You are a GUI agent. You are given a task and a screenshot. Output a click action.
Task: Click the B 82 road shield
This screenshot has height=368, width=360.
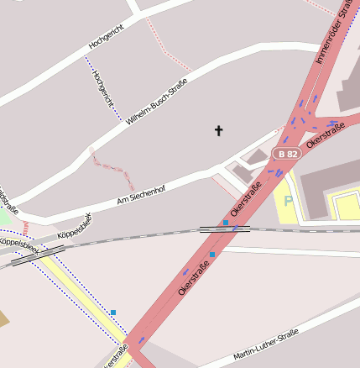click(286, 154)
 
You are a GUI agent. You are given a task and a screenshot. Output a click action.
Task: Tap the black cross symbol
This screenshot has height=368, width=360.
click(219, 130)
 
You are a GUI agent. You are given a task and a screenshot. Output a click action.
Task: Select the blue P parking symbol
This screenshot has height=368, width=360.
click(288, 202)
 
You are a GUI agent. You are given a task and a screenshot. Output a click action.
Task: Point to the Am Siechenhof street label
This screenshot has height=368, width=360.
click(141, 194)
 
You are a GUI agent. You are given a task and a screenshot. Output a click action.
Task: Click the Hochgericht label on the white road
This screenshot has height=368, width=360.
click(112, 33)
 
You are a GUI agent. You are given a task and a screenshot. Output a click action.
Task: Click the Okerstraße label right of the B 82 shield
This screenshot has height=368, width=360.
click(326, 134)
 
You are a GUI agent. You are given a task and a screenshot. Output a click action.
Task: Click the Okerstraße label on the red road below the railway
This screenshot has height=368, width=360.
click(193, 276)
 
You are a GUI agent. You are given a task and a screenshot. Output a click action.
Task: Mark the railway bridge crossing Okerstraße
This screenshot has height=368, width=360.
click(224, 229)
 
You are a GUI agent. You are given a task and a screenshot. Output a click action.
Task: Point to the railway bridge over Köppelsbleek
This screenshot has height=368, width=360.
click(38, 255)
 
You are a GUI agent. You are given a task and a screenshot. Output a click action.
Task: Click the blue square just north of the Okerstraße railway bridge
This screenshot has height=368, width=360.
click(226, 222)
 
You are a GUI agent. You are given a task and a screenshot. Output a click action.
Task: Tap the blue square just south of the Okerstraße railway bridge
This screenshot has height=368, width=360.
click(212, 254)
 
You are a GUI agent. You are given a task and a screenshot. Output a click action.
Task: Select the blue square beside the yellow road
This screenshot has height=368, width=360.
click(113, 313)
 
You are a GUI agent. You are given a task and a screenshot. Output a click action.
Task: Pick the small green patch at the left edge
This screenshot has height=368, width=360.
click(3, 217)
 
